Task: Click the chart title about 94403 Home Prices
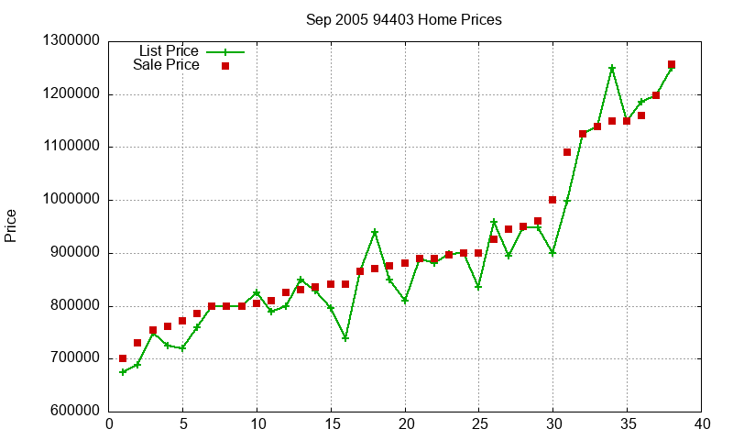coord(404,19)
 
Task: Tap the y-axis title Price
coord(11,225)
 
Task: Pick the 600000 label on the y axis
coord(73,412)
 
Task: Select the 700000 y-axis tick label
coord(73,359)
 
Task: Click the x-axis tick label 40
coord(702,423)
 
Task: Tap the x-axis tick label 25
coord(479,423)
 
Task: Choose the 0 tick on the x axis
coord(109,423)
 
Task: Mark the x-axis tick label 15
coord(331,423)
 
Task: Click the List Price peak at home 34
coord(612,68)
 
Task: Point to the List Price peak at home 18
coord(375,232)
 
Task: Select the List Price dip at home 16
coord(345,338)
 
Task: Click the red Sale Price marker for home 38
coord(672,64)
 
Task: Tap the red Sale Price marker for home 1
coord(123,358)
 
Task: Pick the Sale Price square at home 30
coord(552,200)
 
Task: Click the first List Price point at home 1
coord(123,372)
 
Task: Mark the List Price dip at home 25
coord(478,287)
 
